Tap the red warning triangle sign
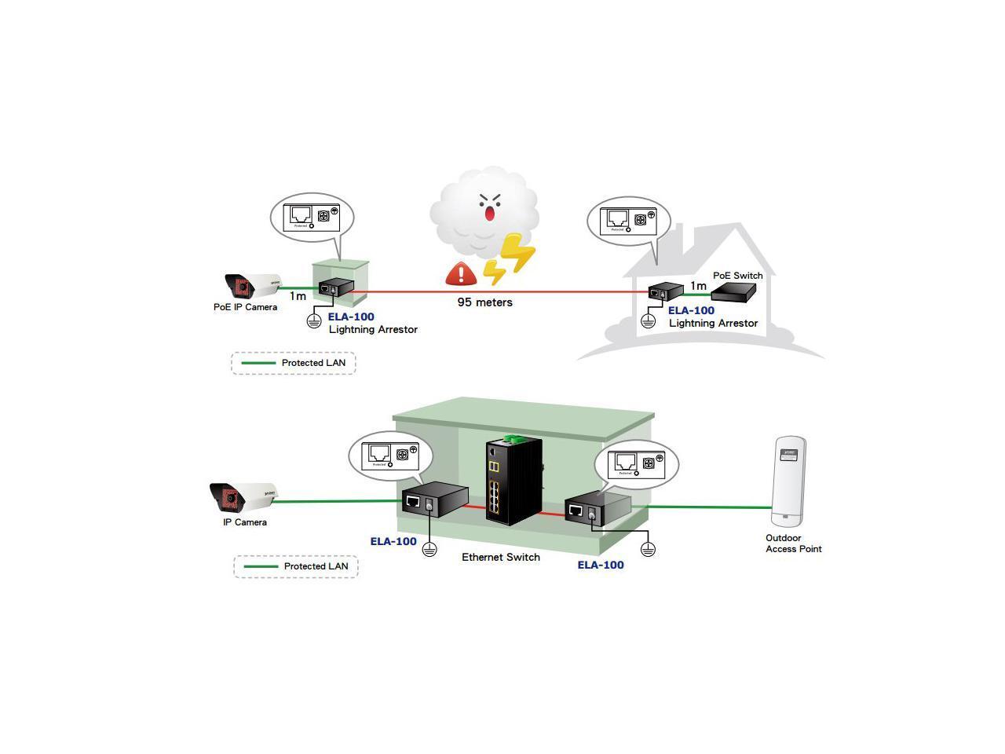(461, 273)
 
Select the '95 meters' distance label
(485, 302)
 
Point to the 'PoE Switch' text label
(737, 276)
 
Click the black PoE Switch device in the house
(733, 291)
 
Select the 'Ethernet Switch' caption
(501, 557)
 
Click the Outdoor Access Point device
(789, 481)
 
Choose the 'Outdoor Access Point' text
(794, 544)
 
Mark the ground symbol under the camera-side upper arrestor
(313, 320)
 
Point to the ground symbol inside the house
(648, 320)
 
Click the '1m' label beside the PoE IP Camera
(298, 297)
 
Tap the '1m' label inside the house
(698, 287)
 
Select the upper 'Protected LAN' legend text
(313, 363)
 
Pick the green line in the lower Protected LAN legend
(261, 566)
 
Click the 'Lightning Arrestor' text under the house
(713, 323)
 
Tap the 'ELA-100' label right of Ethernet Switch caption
(601, 565)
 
